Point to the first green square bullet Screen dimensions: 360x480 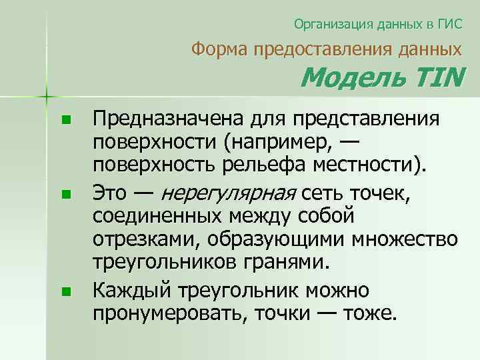[65, 121]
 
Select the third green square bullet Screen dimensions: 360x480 [65, 292]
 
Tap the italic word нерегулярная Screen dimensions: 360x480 [229, 193]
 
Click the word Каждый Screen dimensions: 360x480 [131, 290]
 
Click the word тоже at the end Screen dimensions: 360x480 [372, 313]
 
